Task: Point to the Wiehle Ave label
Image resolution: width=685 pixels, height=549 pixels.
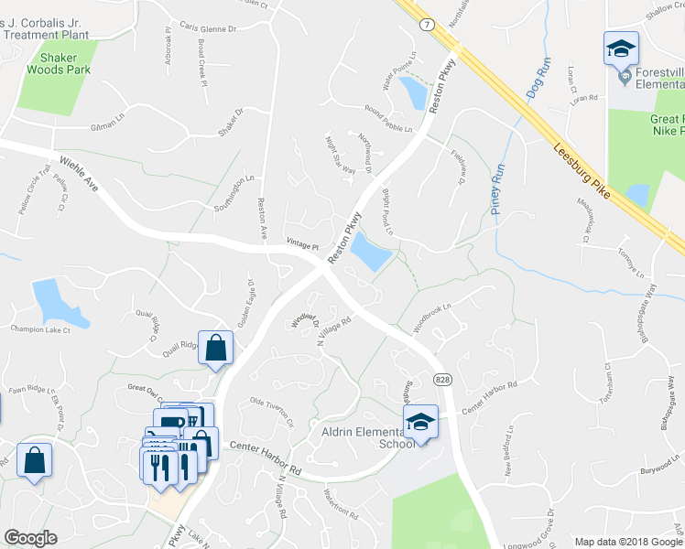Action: click(79, 172)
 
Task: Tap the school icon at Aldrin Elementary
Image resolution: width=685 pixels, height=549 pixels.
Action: click(419, 423)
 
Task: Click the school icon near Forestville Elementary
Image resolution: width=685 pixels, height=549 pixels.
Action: click(620, 48)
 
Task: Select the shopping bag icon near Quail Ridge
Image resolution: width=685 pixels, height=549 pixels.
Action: click(215, 348)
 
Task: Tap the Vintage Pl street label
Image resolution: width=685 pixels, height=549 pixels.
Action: click(301, 246)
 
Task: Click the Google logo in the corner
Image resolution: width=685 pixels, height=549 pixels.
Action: click(30, 538)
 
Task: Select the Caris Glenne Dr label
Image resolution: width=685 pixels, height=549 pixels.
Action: click(208, 29)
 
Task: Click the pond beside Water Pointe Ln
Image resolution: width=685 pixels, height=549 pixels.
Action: click(413, 92)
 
